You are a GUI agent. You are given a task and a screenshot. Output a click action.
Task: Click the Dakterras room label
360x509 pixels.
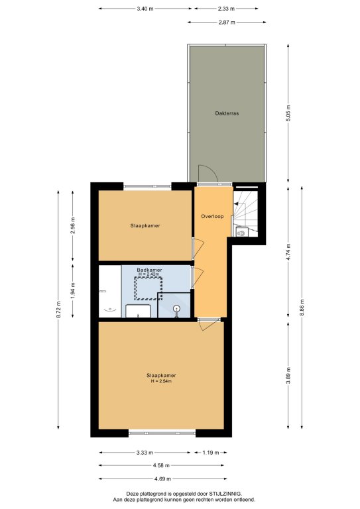click(x=227, y=113)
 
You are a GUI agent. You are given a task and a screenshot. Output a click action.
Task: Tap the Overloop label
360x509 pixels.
click(x=212, y=216)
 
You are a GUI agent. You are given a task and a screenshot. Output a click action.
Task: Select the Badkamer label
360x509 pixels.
click(x=149, y=270)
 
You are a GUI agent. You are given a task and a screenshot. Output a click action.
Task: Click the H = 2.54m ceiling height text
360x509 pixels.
click(x=161, y=381)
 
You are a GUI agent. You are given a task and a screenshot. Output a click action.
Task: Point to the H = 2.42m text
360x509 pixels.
click(x=149, y=274)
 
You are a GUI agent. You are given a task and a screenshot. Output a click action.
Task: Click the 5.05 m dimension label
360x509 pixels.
click(x=288, y=113)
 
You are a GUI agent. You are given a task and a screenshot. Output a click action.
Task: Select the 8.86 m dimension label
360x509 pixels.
click(x=302, y=308)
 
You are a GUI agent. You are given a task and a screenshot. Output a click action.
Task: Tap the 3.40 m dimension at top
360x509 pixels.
click(x=145, y=9)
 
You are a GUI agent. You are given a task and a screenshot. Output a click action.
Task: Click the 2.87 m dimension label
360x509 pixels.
click(x=227, y=23)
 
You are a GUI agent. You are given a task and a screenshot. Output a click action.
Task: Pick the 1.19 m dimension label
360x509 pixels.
click(x=211, y=452)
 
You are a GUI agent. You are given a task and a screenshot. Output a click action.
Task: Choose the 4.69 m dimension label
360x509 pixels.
click(x=162, y=479)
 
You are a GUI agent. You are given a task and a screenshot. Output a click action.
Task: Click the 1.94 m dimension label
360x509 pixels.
click(x=73, y=290)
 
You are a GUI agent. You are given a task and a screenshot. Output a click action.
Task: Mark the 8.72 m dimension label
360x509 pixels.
click(x=58, y=310)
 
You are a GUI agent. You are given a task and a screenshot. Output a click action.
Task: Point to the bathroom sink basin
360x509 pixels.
click(x=138, y=311)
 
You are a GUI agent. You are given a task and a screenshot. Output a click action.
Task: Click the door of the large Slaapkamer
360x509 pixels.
click(x=210, y=324)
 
